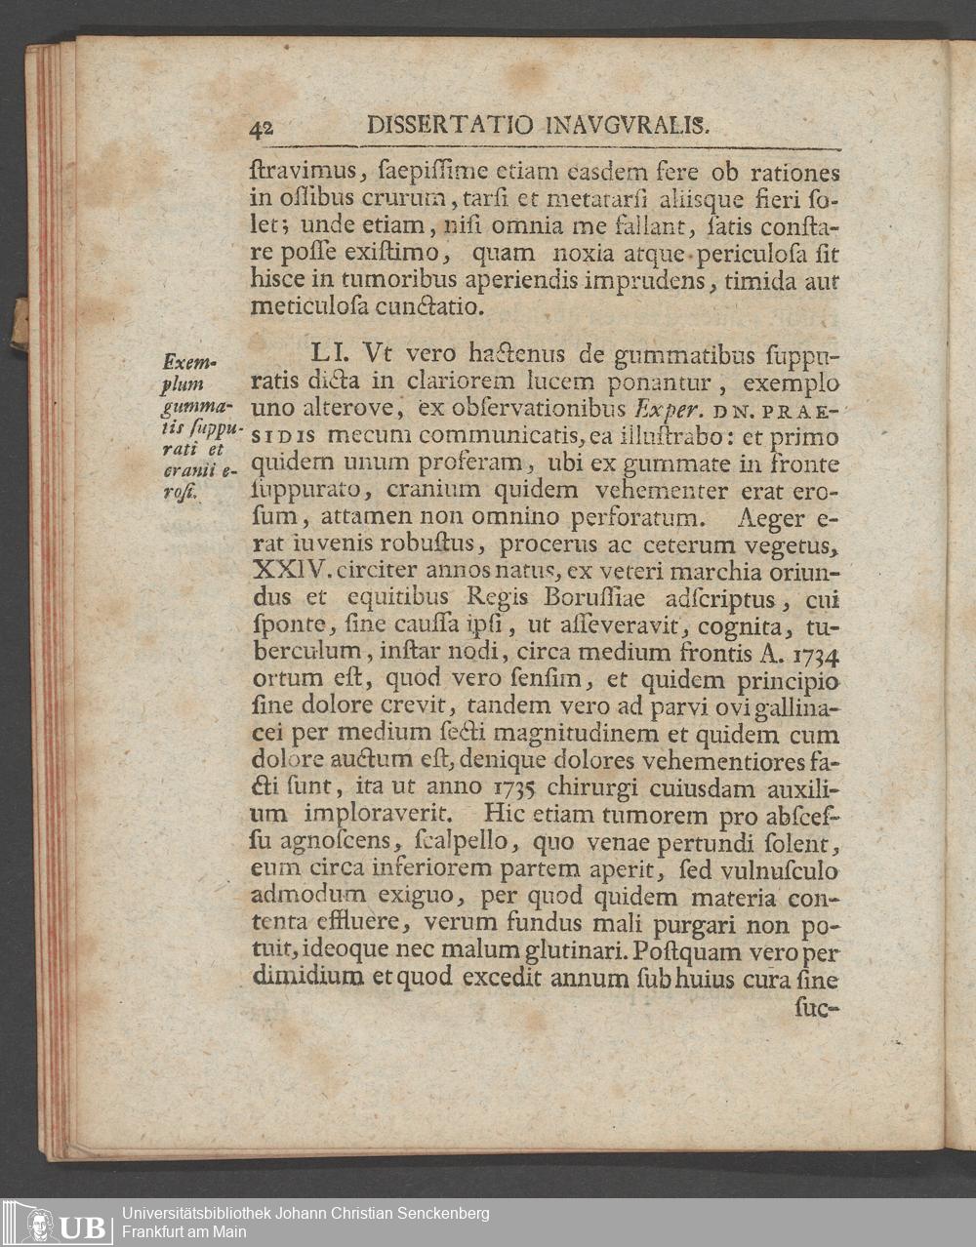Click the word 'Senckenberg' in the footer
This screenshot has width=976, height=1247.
[x=440, y=1214]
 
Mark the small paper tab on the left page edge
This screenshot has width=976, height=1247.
[x=18, y=317]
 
